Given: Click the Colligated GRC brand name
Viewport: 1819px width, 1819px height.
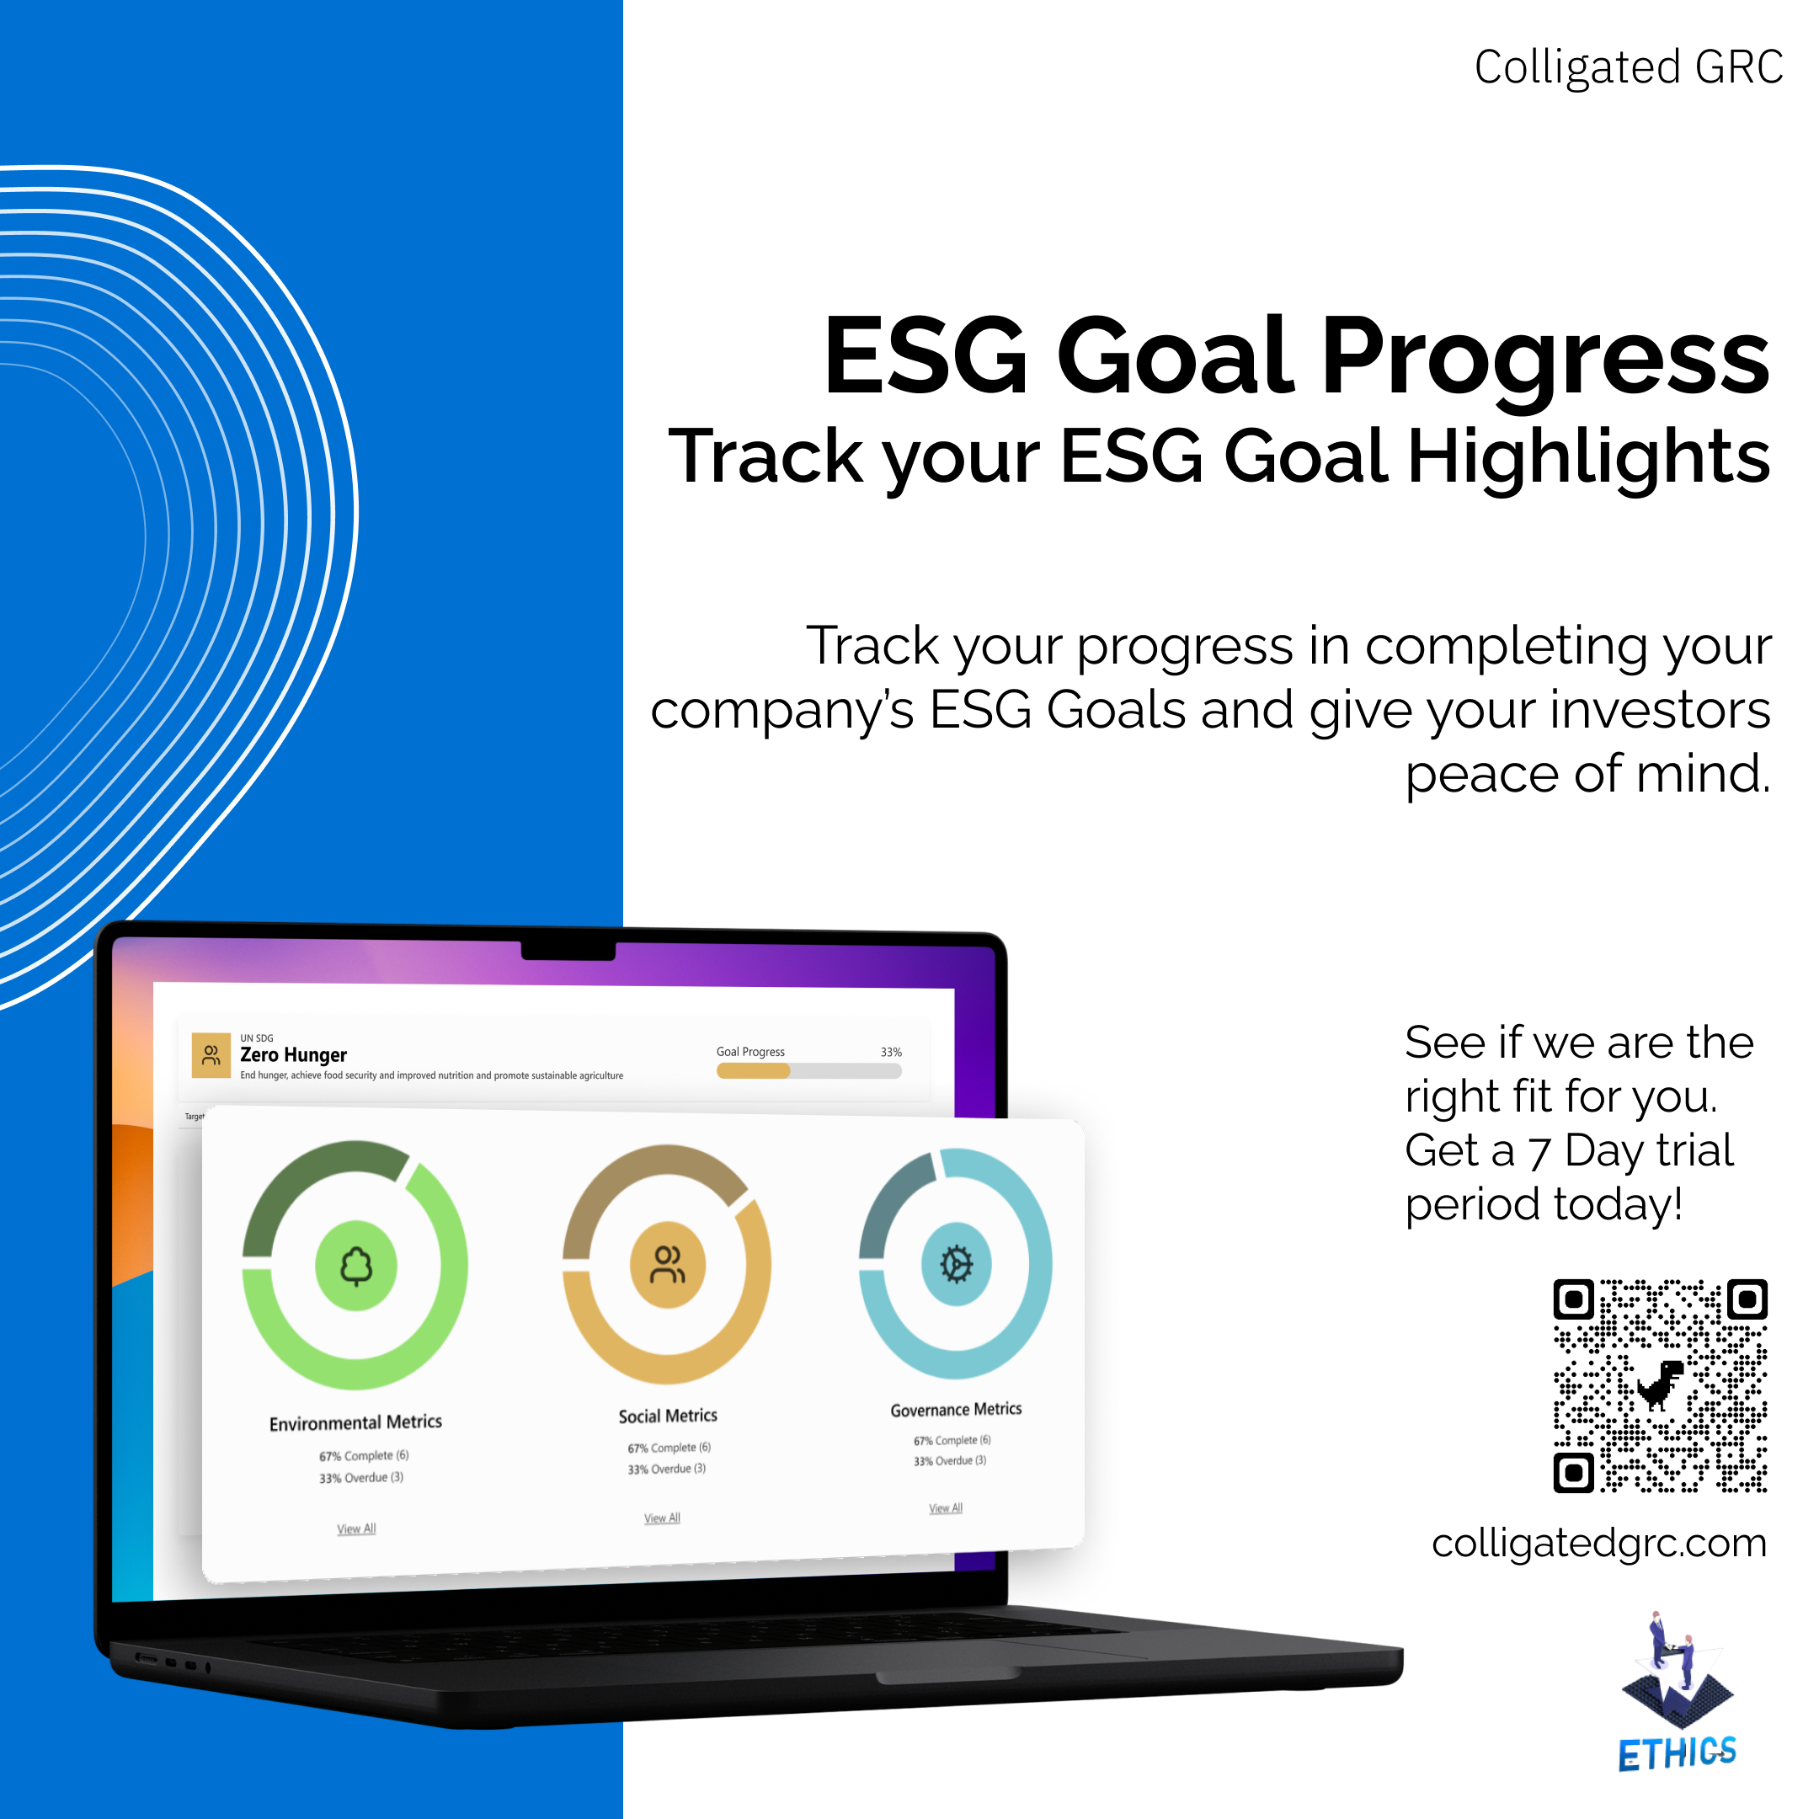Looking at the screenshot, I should (1628, 67).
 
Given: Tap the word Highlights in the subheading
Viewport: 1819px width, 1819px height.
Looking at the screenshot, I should (1587, 456).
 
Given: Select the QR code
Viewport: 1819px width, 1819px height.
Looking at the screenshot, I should (1659, 1386).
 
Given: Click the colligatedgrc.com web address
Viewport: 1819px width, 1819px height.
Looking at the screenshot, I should (1598, 1543).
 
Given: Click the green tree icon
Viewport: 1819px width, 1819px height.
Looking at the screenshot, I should (356, 1266).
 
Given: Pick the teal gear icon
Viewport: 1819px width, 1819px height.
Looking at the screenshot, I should (956, 1263).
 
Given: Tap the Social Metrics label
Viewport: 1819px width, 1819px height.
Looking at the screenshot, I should (668, 1416).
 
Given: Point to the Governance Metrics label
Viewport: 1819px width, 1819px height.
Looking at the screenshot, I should (956, 1410).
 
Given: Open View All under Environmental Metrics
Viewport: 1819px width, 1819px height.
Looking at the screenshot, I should (356, 1529).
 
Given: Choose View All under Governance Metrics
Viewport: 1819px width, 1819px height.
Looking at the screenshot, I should (945, 1508).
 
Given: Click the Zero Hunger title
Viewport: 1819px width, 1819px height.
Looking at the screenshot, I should (293, 1055).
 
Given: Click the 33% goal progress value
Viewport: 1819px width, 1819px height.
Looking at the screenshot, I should (891, 1052).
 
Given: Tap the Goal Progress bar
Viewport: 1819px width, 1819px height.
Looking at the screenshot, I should (808, 1070).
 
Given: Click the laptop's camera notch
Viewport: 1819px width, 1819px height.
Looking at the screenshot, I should (568, 950).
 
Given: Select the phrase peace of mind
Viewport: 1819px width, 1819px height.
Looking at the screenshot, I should (1587, 774).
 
